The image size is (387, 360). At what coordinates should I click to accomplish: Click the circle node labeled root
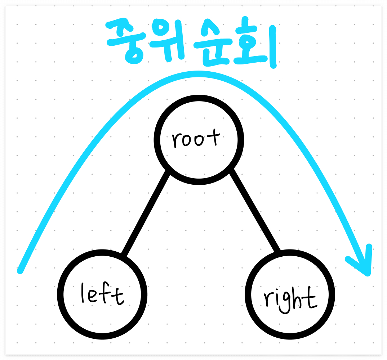pyautogui.click(x=199, y=140)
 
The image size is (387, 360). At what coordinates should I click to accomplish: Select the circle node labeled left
pyautogui.click(x=102, y=294)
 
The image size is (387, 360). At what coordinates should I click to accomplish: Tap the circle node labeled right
pyautogui.click(x=290, y=294)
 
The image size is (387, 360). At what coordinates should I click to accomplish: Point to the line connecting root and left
pyautogui.click(x=146, y=213)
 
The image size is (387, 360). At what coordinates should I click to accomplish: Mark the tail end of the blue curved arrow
pyautogui.click(x=21, y=270)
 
